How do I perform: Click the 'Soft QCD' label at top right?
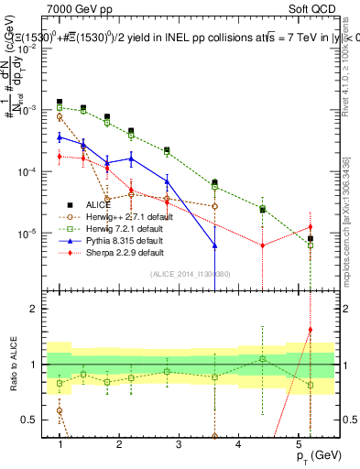click(317, 9)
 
